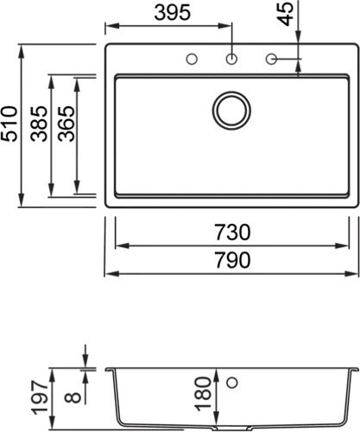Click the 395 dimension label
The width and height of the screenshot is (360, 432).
(x=173, y=13)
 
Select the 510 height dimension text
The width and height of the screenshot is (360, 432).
(x=9, y=124)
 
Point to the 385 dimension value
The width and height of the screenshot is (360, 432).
(x=39, y=124)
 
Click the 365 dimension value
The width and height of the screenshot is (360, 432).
(x=66, y=124)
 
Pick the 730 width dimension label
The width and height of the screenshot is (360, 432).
(x=233, y=232)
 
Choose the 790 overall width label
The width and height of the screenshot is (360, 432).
(x=233, y=260)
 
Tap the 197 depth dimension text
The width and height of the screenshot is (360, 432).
(x=40, y=397)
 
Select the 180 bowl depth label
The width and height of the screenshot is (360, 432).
(x=203, y=394)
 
